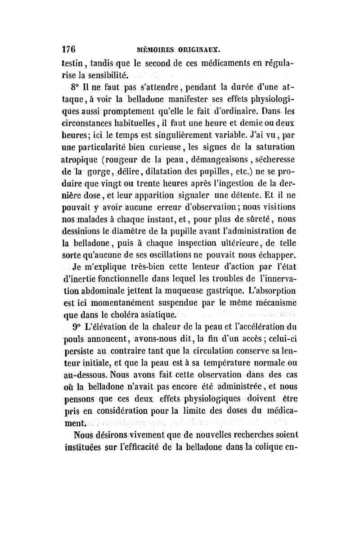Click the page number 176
coord(67,48)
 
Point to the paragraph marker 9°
coord(77,326)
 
